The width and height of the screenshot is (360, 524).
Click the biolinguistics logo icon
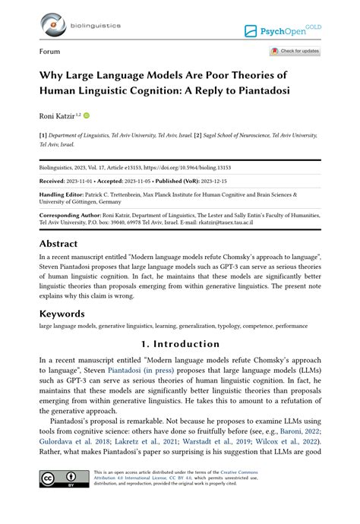pyautogui.click(x=53, y=24)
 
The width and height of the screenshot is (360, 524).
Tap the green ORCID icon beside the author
pyautogui.click(x=86, y=115)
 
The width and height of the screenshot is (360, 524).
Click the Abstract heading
pyautogui.click(x=58, y=244)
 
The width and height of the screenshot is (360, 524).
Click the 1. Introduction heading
pyautogui.click(x=180, y=344)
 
